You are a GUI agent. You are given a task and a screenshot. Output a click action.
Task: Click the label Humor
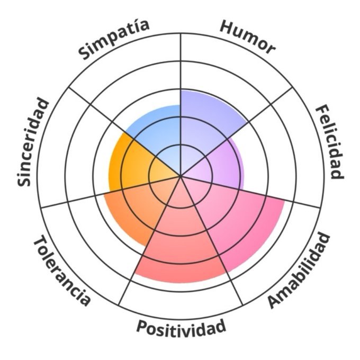pos(248,37)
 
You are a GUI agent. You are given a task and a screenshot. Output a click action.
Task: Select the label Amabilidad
pos(300,270)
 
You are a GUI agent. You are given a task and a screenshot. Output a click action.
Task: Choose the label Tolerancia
pos(61,271)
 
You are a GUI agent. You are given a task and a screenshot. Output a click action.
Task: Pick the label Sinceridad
pos(33,142)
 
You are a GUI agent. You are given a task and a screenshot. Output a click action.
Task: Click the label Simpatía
pos(114,38)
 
